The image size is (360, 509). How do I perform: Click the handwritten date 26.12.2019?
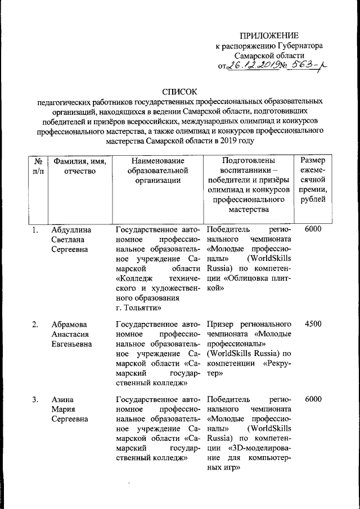click(x=254, y=67)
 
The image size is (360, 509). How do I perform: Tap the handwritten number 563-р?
click(x=305, y=67)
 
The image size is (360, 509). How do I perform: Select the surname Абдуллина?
click(x=72, y=229)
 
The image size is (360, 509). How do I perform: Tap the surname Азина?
click(x=62, y=399)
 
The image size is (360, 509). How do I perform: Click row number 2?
click(x=35, y=325)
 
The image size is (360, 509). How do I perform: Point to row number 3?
click(x=35, y=399)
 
